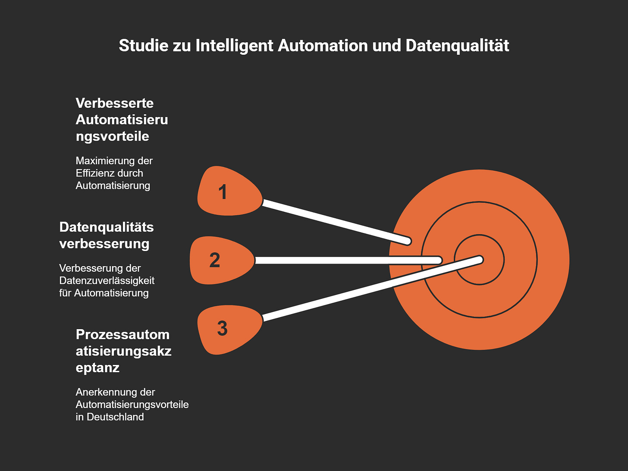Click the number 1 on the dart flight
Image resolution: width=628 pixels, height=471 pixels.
[x=223, y=192]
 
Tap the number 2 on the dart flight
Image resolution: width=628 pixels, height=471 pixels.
[x=215, y=260]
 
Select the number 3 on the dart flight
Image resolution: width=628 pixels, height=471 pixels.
[x=222, y=328]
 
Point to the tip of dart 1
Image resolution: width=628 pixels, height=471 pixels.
[x=408, y=241]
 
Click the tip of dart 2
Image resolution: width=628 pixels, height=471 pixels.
[x=439, y=260]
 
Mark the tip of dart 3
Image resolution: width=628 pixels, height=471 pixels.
[x=480, y=259]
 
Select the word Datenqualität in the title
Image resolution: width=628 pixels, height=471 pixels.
[x=457, y=46]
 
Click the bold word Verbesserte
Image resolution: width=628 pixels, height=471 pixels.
[x=115, y=103]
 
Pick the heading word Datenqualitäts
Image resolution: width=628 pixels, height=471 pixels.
[x=107, y=227]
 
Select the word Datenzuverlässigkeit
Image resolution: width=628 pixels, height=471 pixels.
[x=107, y=281]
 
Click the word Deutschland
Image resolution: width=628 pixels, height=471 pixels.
[x=115, y=417]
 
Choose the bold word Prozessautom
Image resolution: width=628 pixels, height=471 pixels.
[x=122, y=335]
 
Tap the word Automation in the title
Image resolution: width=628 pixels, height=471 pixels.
[x=323, y=46]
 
